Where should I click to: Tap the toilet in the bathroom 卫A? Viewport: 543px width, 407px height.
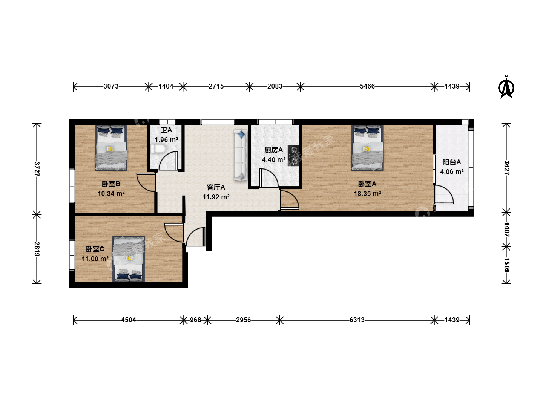click(x=158, y=149)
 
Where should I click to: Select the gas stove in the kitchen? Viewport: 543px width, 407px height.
click(x=294, y=156)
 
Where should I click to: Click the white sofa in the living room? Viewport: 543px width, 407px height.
click(x=241, y=155)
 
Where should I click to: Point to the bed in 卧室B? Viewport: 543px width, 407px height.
click(x=111, y=147)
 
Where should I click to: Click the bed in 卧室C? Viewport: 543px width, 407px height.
click(x=129, y=259)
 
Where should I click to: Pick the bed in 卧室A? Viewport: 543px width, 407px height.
click(x=367, y=147)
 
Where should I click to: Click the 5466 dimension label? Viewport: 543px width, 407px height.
click(x=367, y=86)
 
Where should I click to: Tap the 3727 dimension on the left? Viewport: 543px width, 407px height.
click(x=37, y=169)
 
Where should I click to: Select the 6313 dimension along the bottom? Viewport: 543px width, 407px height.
click(x=357, y=320)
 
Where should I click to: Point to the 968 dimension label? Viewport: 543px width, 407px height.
click(x=195, y=320)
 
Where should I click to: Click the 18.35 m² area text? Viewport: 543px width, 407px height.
click(x=367, y=193)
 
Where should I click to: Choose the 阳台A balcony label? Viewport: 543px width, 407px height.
click(x=452, y=162)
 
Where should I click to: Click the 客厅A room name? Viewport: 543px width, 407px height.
click(x=216, y=187)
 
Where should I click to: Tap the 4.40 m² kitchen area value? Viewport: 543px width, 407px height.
click(x=274, y=160)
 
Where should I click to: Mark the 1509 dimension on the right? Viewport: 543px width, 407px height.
click(x=506, y=265)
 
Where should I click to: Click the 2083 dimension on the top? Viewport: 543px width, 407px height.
click(x=275, y=86)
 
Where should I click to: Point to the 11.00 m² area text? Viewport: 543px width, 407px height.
click(x=95, y=259)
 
